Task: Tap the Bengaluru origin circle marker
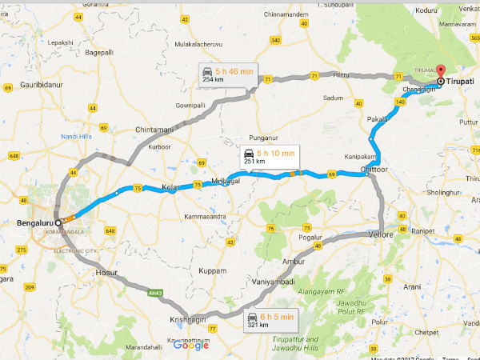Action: click(x=58, y=222)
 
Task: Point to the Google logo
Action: click(x=190, y=346)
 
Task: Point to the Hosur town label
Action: click(x=106, y=272)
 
